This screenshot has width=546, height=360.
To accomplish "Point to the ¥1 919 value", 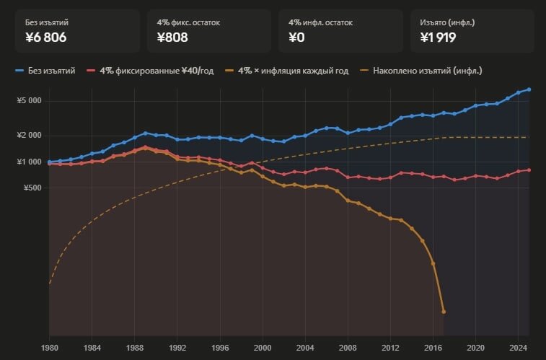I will pyautogui.click(x=438, y=38).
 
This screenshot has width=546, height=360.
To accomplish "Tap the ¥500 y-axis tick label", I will pyautogui.click(x=32, y=188).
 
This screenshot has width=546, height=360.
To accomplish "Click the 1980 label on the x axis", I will pyautogui.click(x=49, y=347).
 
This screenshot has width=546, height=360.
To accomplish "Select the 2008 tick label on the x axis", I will pyautogui.click(x=348, y=347).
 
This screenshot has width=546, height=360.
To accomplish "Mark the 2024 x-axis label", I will pyautogui.click(x=518, y=347).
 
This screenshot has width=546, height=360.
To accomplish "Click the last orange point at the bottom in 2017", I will pyautogui.click(x=444, y=312).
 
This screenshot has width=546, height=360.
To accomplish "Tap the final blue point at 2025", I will pyautogui.click(x=529, y=89).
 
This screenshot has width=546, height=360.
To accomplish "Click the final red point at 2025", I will pyautogui.click(x=529, y=170).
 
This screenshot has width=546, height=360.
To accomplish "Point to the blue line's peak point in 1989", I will pyautogui.click(x=145, y=133).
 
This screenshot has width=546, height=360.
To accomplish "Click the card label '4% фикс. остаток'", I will pyautogui.click(x=188, y=22).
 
